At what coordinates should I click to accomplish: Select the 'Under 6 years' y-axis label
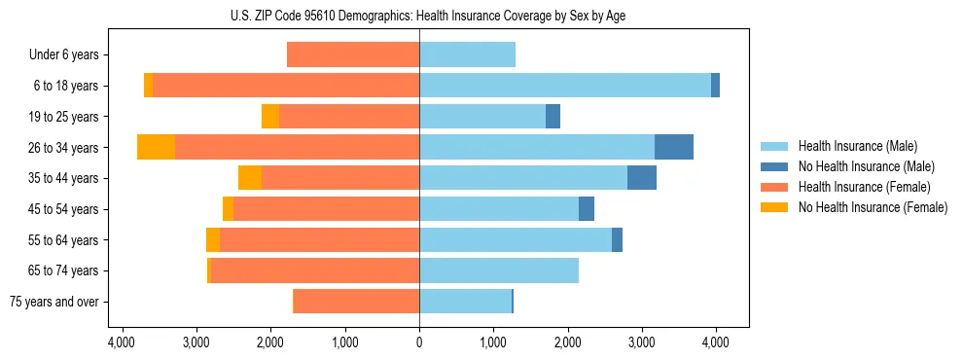(x=64, y=55)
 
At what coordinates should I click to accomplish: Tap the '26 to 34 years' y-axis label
(x=64, y=148)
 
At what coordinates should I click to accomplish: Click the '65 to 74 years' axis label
(x=64, y=270)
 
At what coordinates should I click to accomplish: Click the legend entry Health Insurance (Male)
(x=857, y=146)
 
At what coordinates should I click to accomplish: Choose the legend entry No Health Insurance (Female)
(x=873, y=207)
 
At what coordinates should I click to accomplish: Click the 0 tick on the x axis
(x=419, y=342)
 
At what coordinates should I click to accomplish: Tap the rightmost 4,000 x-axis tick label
(x=716, y=342)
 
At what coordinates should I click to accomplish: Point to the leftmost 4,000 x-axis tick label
(x=122, y=342)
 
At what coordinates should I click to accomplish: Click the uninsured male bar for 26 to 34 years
(x=674, y=147)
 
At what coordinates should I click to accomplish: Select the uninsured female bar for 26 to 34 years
(x=156, y=147)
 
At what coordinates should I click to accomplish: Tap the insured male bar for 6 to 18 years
(x=565, y=86)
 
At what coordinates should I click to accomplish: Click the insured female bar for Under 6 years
(x=353, y=55)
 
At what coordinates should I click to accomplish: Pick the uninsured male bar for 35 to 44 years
(x=642, y=178)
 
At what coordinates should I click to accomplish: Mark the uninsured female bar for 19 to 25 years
(x=270, y=117)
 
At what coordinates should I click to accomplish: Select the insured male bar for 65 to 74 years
(x=499, y=270)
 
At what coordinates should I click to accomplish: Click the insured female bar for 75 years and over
(x=357, y=302)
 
